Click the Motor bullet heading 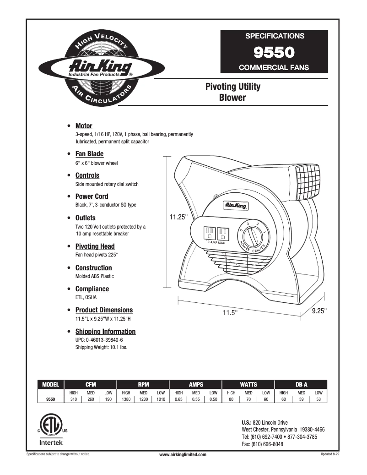[84, 126]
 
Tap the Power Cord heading [92, 197]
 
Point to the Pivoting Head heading [95, 246]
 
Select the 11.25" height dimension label [178, 217]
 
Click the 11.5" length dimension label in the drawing [230, 312]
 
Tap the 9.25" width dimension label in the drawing [319, 311]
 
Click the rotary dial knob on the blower [251, 237]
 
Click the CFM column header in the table [91, 385]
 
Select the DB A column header [302, 385]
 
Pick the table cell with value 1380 [126, 399]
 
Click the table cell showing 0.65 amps [178, 399]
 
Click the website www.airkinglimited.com [183, 454]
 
